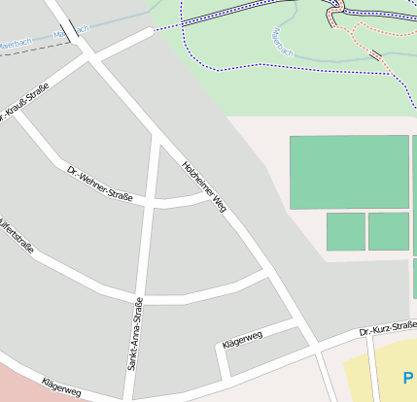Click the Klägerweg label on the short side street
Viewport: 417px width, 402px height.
click(x=242, y=340)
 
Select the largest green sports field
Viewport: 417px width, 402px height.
click(x=349, y=172)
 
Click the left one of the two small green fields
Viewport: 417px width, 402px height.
click(x=345, y=232)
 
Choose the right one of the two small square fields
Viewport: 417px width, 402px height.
click(x=388, y=231)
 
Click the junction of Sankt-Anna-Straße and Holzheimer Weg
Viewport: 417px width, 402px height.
click(x=157, y=137)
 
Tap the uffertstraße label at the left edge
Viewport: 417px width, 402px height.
click(x=17, y=239)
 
